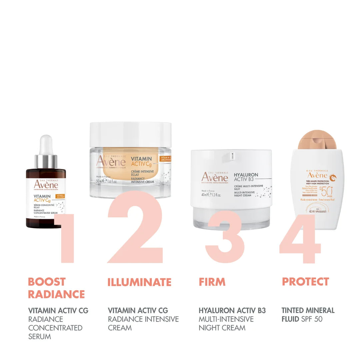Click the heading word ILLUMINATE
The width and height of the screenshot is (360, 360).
point(139,282)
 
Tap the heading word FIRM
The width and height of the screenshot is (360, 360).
point(212,282)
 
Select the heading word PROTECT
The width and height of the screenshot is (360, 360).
point(305,282)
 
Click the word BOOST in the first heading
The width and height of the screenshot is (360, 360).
point(47,282)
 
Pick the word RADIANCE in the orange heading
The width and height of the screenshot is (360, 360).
point(56,294)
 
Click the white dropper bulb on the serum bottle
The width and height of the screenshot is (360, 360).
point(46,144)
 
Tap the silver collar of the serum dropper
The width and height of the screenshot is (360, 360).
point(46,162)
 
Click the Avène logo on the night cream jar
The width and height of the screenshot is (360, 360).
point(215,177)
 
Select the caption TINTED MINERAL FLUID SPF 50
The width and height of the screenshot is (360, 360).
point(307,315)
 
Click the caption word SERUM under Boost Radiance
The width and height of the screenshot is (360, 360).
point(40,336)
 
